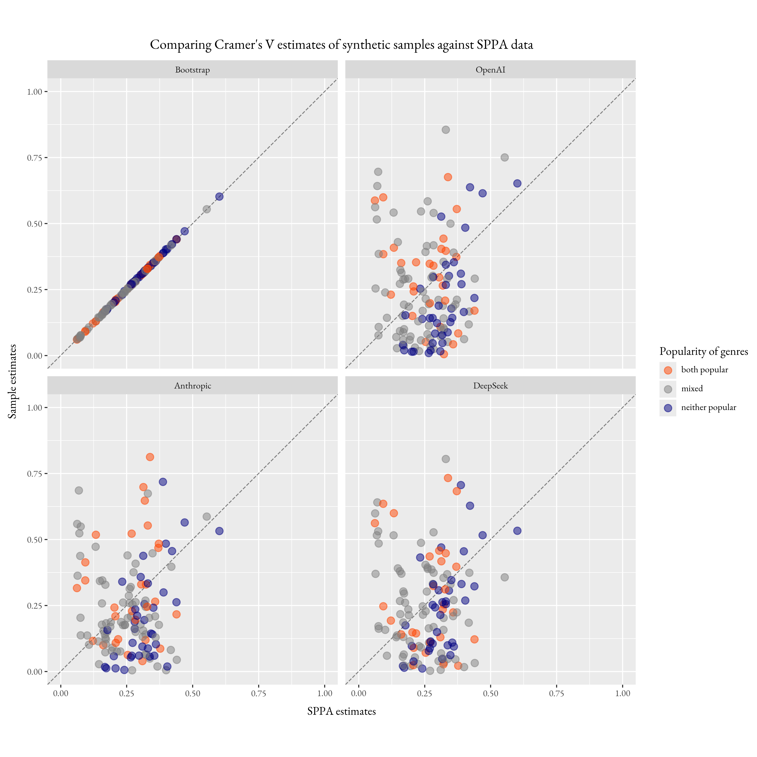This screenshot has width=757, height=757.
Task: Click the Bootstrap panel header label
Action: click(x=192, y=70)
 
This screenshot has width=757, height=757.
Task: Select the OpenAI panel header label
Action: click(x=490, y=70)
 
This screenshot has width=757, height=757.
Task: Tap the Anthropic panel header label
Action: click(x=192, y=386)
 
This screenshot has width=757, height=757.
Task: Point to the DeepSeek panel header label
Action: click(x=490, y=386)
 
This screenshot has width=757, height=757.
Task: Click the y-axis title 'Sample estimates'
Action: click(x=13, y=381)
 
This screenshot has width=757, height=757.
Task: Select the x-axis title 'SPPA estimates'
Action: click(x=341, y=711)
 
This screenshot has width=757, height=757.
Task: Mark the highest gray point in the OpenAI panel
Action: click(x=446, y=130)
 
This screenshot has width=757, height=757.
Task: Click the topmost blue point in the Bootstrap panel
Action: click(x=219, y=196)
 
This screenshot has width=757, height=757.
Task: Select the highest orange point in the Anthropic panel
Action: click(x=150, y=457)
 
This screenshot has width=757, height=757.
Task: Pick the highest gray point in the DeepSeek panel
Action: click(x=446, y=459)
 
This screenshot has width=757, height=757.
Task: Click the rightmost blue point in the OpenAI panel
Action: click(x=517, y=183)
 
